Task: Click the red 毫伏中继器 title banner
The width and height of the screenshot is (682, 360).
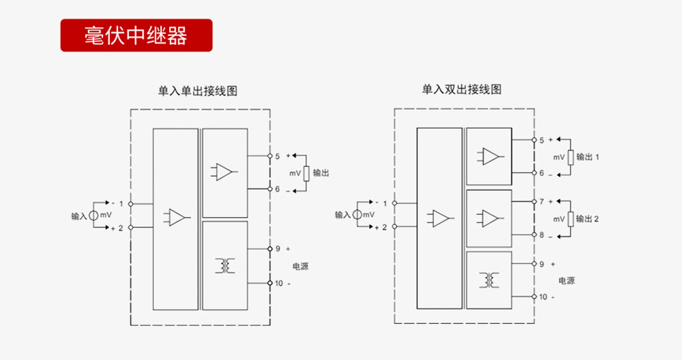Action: click(136, 35)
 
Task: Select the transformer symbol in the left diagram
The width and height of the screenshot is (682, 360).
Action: click(224, 265)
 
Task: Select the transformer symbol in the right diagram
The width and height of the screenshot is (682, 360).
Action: click(488, 280)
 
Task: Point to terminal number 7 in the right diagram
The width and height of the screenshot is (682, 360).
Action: click(542, 202)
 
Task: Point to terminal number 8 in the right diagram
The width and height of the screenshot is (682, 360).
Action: click(542, 235)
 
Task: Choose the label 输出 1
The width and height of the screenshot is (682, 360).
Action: click(587, 157)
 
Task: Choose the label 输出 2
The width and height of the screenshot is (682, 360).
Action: click(587, 219)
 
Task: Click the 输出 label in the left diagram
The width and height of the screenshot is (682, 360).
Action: click(321, 173)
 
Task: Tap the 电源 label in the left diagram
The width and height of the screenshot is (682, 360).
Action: click(300, 266)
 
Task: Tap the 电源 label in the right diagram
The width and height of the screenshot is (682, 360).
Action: click(566, 280)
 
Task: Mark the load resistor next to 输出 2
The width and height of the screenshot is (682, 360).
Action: click(571, 219)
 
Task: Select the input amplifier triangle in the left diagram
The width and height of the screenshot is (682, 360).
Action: click(175, 217)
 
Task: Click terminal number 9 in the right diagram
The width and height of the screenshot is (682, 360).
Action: click(542, 263)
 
